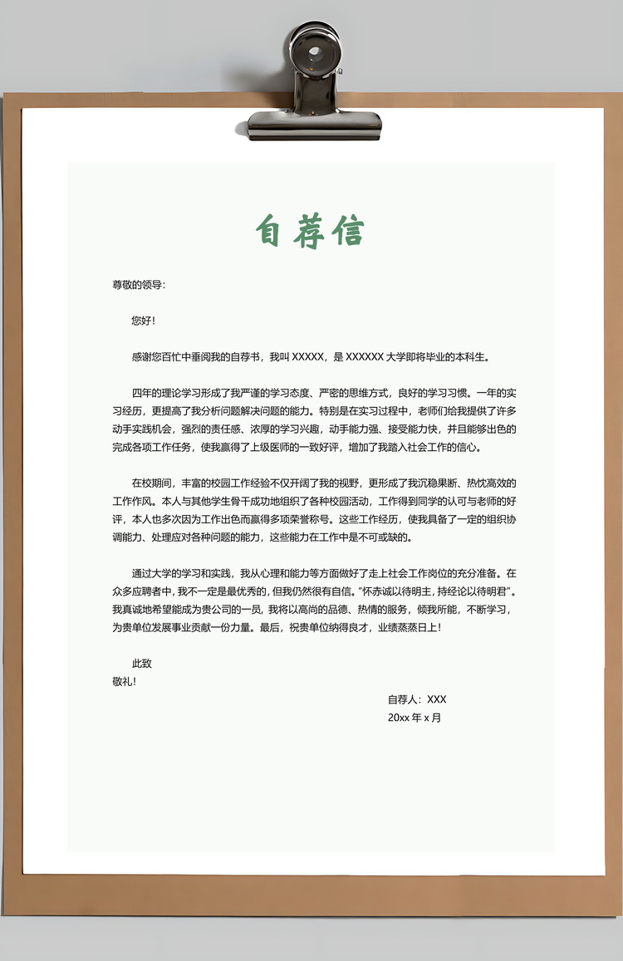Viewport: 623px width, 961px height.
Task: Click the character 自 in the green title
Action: [267, 231]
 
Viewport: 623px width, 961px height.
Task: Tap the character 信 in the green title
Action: [348, 231]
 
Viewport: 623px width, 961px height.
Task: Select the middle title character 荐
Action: [308, 231]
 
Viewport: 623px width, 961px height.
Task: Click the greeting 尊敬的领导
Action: [138, 285]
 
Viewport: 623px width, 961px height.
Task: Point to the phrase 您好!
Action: [144, 321]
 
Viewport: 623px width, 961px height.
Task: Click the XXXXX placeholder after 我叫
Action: [307, 357]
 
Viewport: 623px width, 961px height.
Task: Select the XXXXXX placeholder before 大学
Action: [364, 357]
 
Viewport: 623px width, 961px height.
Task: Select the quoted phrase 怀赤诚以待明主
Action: [394, 591]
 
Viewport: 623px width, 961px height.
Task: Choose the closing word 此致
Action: [141, 664]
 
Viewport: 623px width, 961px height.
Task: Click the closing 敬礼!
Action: [124, 681]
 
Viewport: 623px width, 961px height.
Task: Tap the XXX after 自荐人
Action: [436, 699]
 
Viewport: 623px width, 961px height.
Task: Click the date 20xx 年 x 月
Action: [414, 718]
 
